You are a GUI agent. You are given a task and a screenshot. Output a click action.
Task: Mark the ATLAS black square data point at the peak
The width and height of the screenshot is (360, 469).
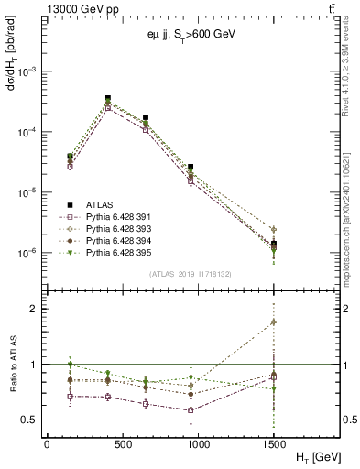click(x=108, y=98)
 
